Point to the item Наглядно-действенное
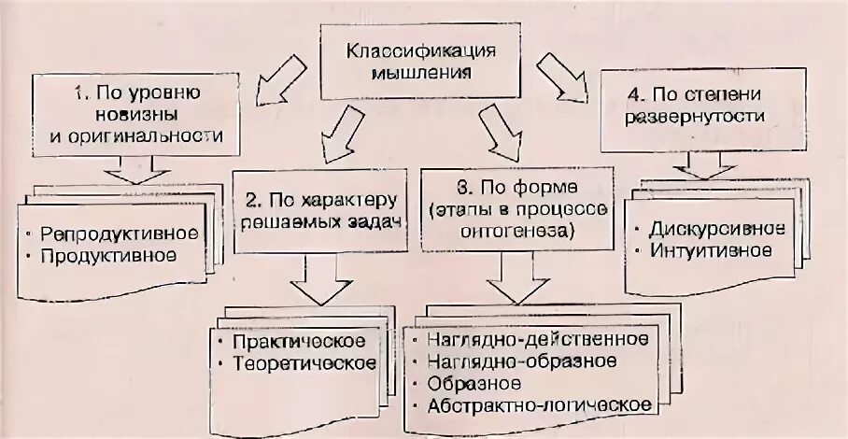tap(536, 337)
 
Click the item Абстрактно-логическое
tap(538, 404)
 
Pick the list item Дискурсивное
tap(715, 228)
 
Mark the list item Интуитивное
tap(709, 250)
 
